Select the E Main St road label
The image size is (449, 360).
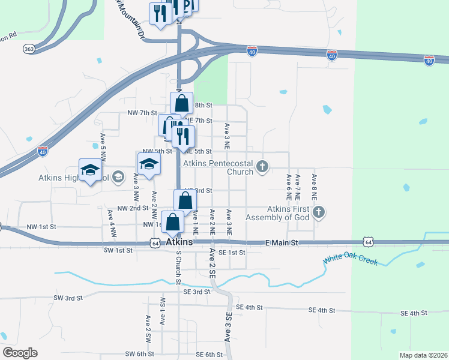point(282,242)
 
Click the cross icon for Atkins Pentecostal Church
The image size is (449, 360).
point(262,166)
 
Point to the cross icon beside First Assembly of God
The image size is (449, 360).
point(319,211)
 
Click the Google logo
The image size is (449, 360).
point(20,352)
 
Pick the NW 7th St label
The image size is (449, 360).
point(142,113)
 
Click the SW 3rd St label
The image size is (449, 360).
point(67,298)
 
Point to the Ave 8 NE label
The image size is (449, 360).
point(313,187)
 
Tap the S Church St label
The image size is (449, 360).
point(178,268)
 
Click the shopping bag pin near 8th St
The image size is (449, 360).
point(182,103)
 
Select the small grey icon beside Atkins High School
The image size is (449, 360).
point(118,176)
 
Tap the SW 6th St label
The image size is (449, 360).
point(140,354)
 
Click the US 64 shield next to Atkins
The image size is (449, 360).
point(155,243)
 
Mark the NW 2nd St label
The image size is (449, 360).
point(133,208)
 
